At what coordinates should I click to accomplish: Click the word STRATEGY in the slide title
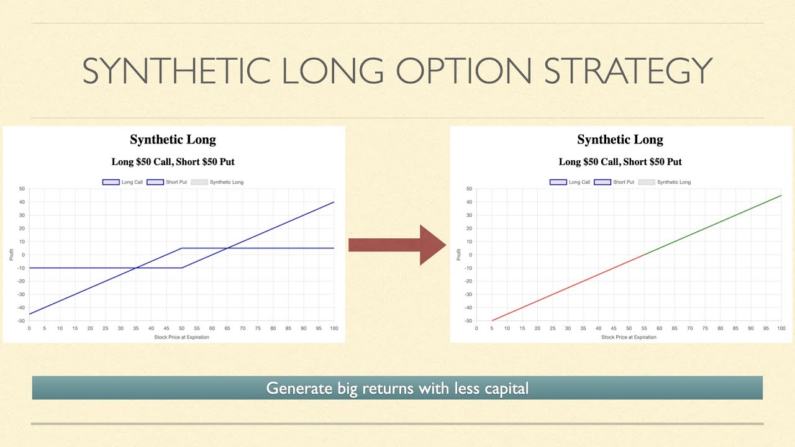(x=627, y=71)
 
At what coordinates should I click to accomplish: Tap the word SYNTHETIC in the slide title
(x=176, y=71)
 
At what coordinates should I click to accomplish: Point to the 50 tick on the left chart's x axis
(x=181, y=328)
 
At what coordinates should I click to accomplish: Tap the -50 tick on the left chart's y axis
(x=21, y=321)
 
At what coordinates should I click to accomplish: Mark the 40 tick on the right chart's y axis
(x=469, y=202)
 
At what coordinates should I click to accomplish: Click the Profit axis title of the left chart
(x=11, y=255)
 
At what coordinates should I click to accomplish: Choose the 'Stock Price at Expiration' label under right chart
(x=629, y=337)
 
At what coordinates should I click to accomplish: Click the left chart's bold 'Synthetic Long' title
(x=173, y=140)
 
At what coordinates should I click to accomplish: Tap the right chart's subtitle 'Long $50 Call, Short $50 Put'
(x=620, y=162)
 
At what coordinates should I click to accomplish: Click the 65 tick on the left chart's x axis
(x=227, y=328)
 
